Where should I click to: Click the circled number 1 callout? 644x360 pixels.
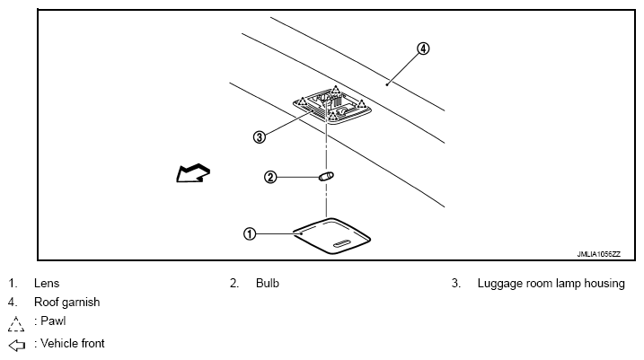coord(250,234)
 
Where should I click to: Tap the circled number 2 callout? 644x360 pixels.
coord(270,177)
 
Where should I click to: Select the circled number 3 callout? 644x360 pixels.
coord(260,137)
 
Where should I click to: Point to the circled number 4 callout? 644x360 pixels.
coord(423,48)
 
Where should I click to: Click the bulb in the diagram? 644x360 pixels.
coord(327,177)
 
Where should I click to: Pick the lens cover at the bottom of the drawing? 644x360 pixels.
coord(331,235)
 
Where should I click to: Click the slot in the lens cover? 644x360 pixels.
coord(342,244)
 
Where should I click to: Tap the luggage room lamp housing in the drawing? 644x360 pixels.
coord(332,106)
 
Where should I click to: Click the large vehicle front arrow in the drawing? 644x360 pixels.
coord(193,172)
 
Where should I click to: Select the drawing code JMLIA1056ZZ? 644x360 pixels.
coord(598,254)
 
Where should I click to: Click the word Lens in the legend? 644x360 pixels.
coord(47,283)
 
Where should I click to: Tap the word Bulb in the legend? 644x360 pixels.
coord(268,283)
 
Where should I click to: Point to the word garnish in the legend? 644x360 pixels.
coord(81,303)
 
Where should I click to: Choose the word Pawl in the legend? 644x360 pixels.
coord(53,320)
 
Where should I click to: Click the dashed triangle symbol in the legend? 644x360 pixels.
coord(16,324)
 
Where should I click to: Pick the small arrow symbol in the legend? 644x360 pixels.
coord(17,346)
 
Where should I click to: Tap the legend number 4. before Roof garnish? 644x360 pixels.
coord(13,303)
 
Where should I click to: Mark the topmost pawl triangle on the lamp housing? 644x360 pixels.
coord(336,90)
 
